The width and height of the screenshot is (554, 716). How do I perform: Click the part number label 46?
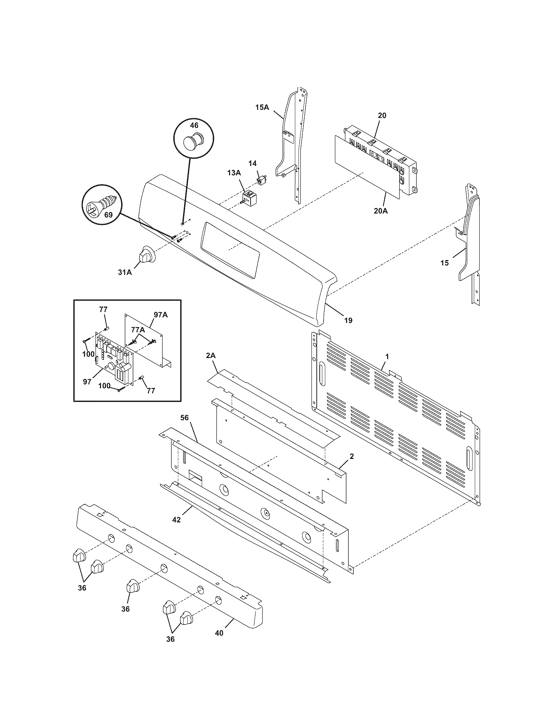[x=194, y=125]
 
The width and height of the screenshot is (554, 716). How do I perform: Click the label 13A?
[x=234, y=173]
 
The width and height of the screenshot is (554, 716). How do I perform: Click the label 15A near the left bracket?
[x=262, y=107]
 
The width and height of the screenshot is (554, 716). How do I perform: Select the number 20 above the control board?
[x=382, y=116]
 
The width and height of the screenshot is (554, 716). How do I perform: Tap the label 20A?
[x=380, y=211]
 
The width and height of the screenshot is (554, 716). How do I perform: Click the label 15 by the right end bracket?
[x=445, y=263]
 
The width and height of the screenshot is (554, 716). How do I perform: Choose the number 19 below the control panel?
[x=348, y=320]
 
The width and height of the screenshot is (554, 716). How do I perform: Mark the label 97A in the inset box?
[x=160, y=315]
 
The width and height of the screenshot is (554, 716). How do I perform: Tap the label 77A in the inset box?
[x=138, y=330]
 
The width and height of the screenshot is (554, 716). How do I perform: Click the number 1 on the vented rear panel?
[x=387, y=357]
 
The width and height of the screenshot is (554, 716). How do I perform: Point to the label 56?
[x=184, y=417]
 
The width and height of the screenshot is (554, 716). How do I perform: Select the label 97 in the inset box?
[x=87, y=382]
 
